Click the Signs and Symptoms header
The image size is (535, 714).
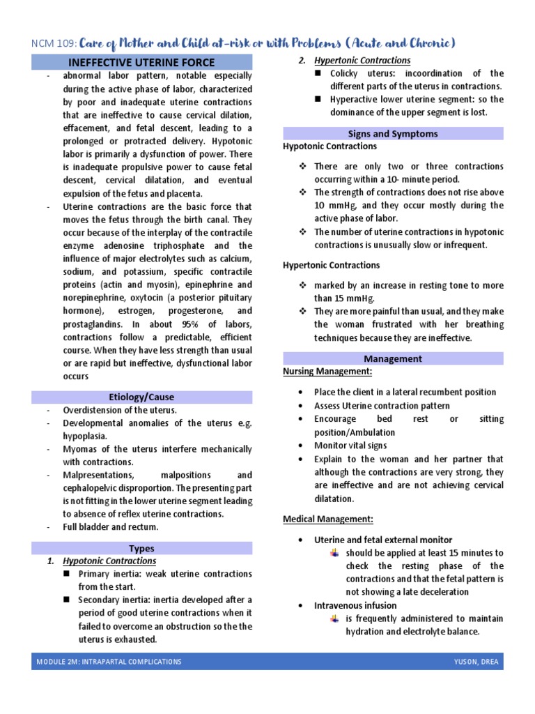(x=393, y=133)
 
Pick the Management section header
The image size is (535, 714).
(x=393, y=358)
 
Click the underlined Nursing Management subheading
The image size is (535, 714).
(x=327, y=372)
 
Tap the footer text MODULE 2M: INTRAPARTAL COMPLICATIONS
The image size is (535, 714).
(x=109, y=661)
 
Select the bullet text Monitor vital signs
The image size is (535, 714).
(x=350, y=446)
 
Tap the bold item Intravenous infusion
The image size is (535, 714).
(x=355, y=605)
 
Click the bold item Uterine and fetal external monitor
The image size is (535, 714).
(x=383, y=540)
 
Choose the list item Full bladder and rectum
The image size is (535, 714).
(x=111, y=526)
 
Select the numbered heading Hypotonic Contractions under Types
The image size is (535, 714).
(x=109, y=561)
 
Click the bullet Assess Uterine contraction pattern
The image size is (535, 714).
(x=382, y=406)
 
